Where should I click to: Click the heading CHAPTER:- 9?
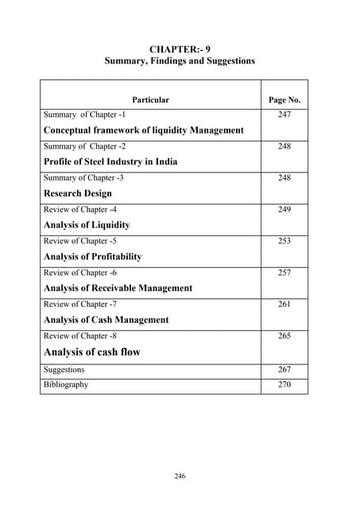180,49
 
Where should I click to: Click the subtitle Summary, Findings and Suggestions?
180,62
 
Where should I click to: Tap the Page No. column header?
284,100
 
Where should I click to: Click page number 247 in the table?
285,115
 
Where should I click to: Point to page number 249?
285,210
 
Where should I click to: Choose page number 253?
285,242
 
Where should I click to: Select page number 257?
285,274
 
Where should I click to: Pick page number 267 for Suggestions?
285,370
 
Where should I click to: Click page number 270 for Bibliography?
285,385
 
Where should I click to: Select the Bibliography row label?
66,385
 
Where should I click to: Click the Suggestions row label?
65,370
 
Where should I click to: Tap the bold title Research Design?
77,193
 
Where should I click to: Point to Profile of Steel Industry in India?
110,161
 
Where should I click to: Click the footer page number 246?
180,476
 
